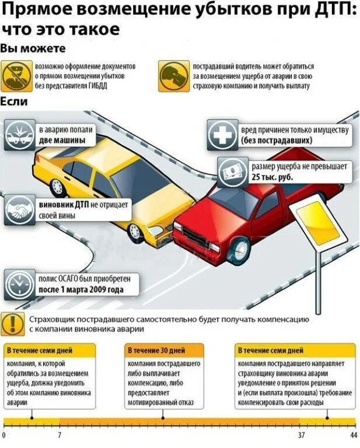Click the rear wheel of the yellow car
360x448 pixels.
click(57, 187)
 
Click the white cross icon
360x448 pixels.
click(222, 135)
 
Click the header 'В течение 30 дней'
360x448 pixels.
click(156, 351)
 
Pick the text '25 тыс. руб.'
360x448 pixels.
click(272, 176)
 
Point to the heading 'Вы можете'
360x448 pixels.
click(33, 48)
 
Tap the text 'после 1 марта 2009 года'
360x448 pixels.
click(81, 290)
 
